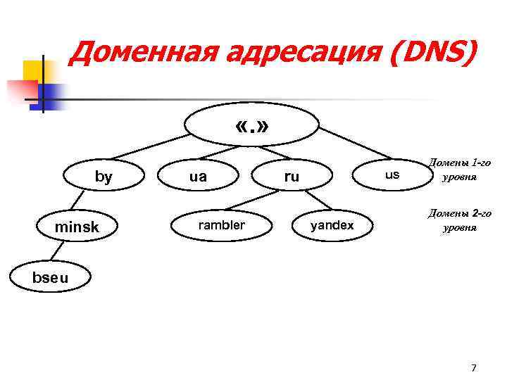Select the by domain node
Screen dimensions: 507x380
click(x=103, y=177)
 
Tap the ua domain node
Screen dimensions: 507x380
click(x=198, y=177)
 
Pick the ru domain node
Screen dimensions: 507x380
click(x=292, y=177)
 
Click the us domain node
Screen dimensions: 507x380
click(x=392, y=174)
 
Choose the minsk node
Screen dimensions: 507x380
click(x=77, y=227)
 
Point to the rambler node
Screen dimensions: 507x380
click(x=221, y=225)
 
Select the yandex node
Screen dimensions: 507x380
click(x=332, y=225)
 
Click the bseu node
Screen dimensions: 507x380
click(x=51, y=277)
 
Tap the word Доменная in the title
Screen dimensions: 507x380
click(x=134, y=51)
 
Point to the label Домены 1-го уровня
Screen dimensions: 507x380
click(x=459, y=170)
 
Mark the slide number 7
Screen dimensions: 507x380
click(x=473, y=367)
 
